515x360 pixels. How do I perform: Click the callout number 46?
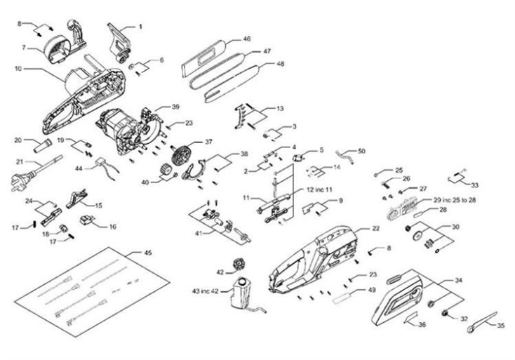tap(246, 39)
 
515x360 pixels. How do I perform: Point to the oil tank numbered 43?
tap(241, 293)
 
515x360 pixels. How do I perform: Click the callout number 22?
tap(376, 228)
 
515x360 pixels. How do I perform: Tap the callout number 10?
tap(18, 69)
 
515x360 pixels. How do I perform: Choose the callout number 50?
tap(362, 151)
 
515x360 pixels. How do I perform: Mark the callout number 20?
tap(18, 140)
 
